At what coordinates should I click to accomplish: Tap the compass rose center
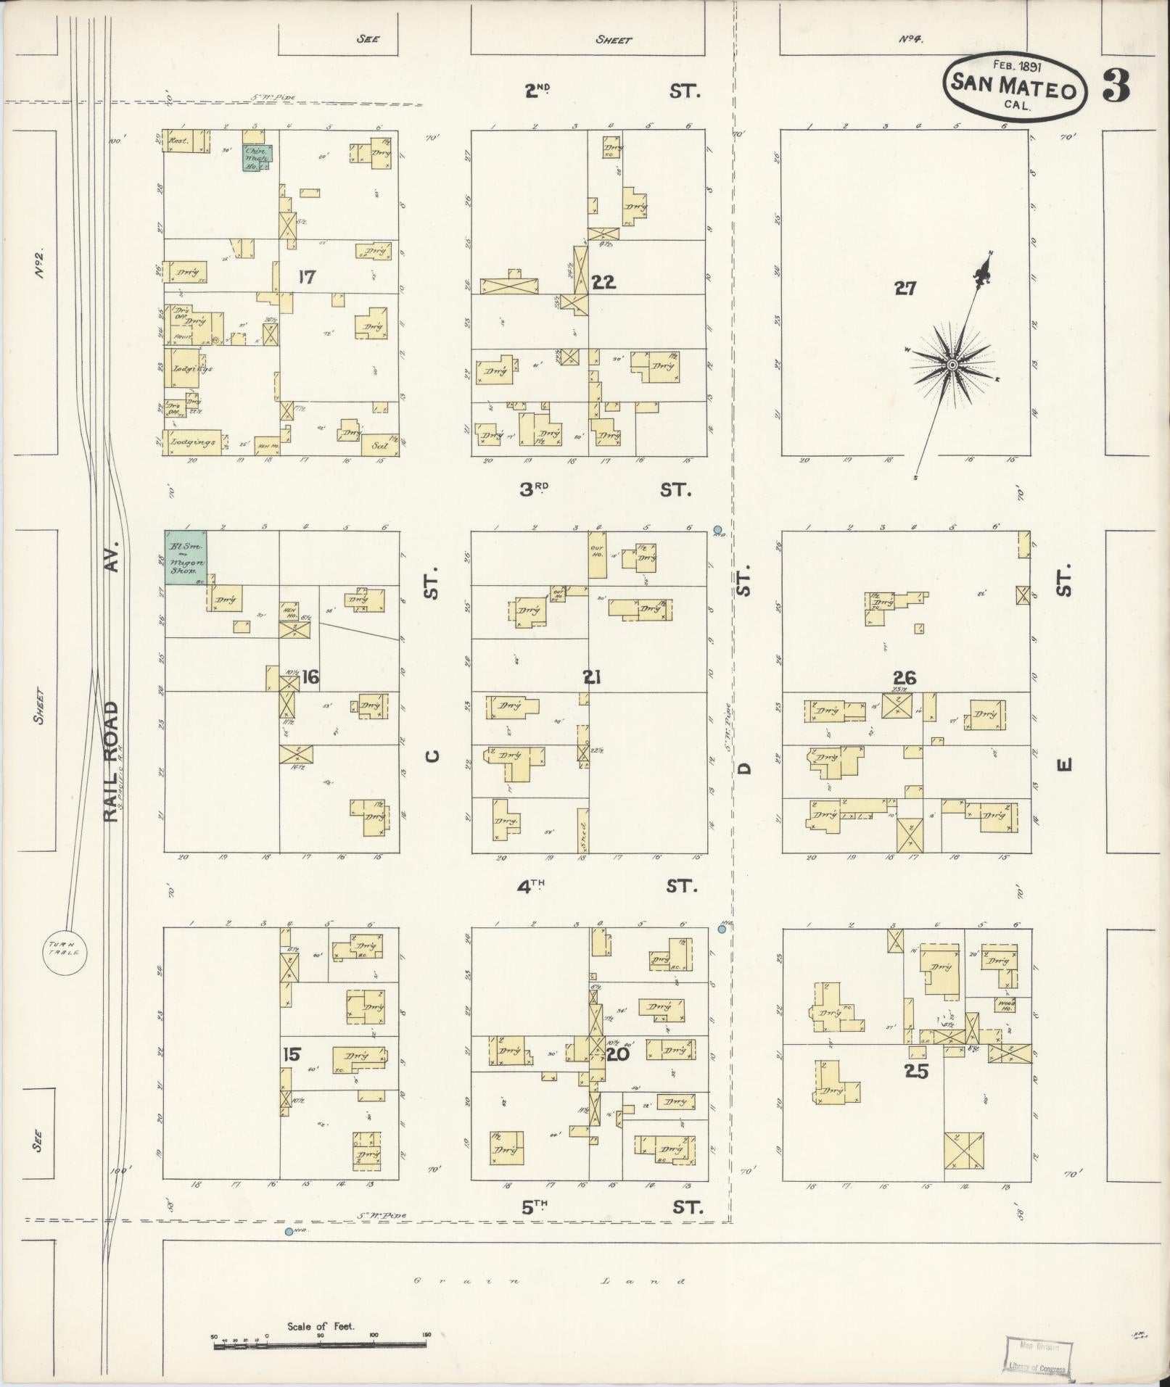pos(951,364)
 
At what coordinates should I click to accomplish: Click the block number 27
pos(905,289)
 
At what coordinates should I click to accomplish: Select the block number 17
pos(306,277)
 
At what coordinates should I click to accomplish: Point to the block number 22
pos(603,282)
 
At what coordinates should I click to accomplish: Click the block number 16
pos(310,678)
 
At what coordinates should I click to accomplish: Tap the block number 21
pos(592,677)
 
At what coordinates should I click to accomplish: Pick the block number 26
pos(905,678)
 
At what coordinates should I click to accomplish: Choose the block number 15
pos(291,1054)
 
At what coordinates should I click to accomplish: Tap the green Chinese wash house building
pos(258,157)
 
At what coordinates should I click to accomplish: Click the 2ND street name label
pos(537,91)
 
